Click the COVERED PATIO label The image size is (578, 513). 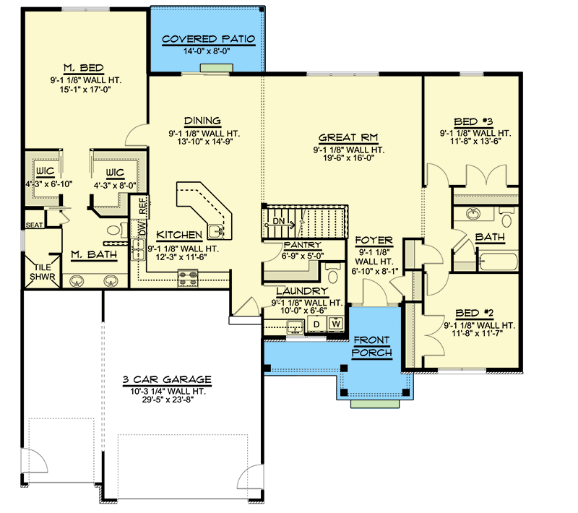208,39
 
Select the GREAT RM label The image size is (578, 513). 348,137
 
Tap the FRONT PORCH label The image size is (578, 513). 371,347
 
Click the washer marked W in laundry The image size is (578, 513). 336,324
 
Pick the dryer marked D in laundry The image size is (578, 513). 316,324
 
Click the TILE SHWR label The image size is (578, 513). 36,270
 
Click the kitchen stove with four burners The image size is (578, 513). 188,275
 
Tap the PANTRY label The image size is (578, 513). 287,244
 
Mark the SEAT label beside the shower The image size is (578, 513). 34,225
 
